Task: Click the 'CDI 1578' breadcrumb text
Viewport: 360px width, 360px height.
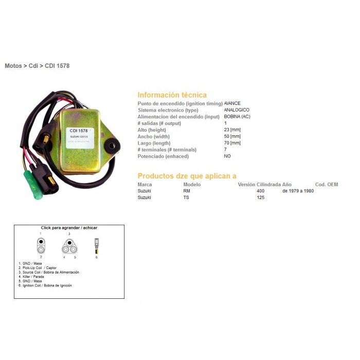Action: point(57,66)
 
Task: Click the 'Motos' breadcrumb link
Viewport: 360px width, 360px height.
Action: point(13,66)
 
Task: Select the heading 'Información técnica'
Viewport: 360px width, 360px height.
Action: point(172,95)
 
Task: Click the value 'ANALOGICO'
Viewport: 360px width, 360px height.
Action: point(237,110)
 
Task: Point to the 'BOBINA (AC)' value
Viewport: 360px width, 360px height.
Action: point(238,117)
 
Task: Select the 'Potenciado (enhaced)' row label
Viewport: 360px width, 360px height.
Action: point(163,156)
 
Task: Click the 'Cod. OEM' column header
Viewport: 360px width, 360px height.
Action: point(326,184)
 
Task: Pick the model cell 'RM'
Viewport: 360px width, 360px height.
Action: point(187,191)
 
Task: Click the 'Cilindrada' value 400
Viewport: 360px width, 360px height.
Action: point(261,191)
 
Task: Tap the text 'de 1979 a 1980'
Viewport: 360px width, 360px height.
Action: point(298,191)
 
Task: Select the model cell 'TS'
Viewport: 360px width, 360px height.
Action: point(186,197)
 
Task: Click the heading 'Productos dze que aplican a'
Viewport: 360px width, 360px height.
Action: point(187,175)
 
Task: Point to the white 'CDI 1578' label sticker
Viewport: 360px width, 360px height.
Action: point(78,133)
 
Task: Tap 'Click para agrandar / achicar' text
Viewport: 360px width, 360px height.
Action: point(69,227)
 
